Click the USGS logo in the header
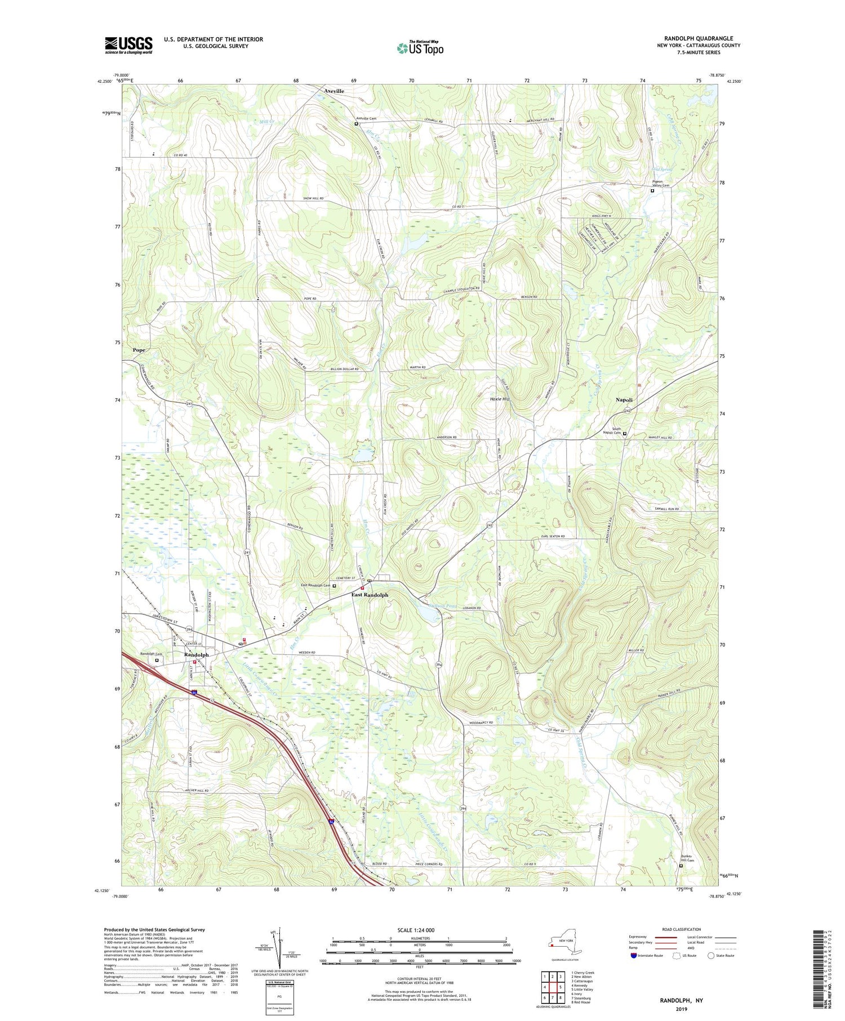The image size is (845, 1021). click(x=128, y=45)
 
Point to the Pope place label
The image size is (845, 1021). click(x=139, y=350)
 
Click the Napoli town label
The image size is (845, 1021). click(x=624, y=399)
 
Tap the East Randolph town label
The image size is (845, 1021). click(x=370, y=595)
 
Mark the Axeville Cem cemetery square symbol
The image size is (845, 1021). click(x=356, y=124)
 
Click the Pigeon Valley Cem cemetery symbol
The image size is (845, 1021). click(x=652, y=191)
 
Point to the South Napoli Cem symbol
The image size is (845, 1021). click(x=624, y=434)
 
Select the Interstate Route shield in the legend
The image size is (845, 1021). click(x=634, y=956)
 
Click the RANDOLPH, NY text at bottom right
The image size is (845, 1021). click(x=682, y=1000)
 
